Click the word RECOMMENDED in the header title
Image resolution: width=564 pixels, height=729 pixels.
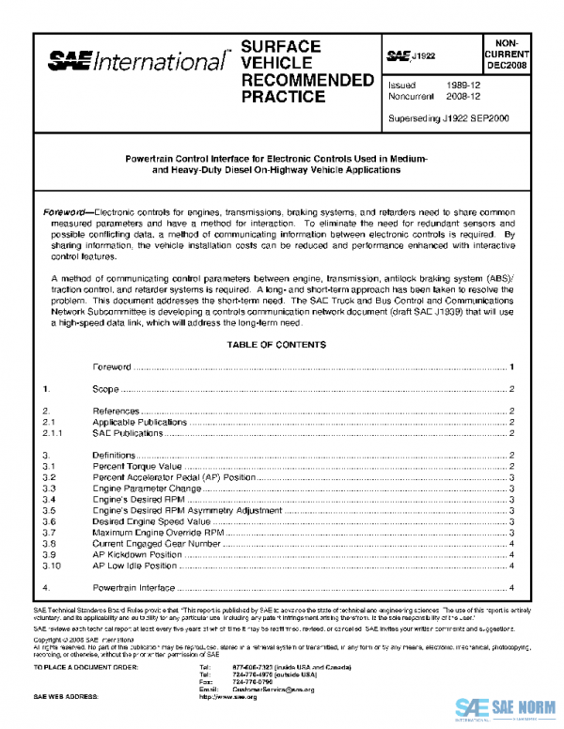pos(307,80)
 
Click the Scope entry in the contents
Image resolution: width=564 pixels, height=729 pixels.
pos(105,389)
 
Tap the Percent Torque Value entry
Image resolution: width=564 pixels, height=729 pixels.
pos(136,466)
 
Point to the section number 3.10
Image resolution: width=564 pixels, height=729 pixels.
pos(54,566)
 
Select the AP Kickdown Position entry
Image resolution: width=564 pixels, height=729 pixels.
pos(136,554)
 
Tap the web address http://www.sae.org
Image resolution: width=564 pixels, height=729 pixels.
pos(228,698)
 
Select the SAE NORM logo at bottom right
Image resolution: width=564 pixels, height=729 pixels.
pos(506,708)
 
